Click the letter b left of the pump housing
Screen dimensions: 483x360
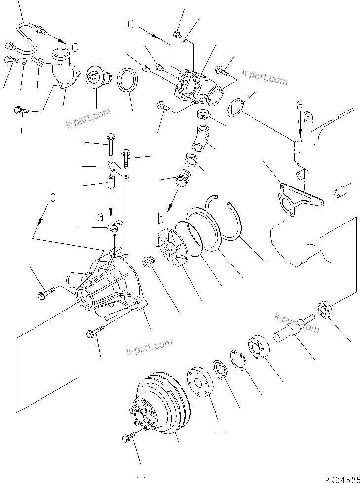click(x=52, y=196)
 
